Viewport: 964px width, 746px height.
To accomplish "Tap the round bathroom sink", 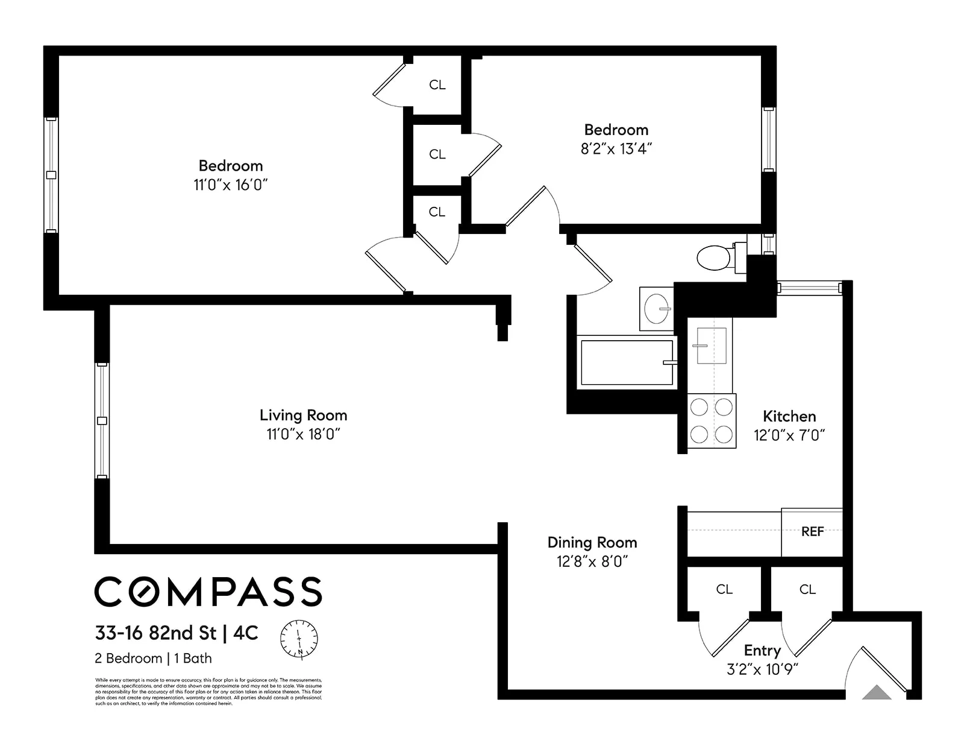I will [657, 309].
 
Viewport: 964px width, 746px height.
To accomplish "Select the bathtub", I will [627, 362].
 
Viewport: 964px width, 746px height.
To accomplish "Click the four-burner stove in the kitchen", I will [712, 421].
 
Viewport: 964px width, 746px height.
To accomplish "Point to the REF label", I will [812, 532].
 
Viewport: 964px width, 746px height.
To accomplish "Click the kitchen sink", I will [711, 346].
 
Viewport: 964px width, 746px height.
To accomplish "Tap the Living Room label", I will [303, 416].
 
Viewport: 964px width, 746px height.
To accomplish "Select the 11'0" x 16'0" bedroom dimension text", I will [230, 185].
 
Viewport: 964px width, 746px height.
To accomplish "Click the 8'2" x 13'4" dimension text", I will [616, 149].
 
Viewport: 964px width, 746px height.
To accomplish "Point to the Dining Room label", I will [592, 543].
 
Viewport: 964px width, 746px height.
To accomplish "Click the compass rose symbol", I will [299, 638].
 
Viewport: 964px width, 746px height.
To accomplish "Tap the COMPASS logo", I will [208, 591].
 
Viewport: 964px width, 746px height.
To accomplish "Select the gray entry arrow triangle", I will [877, 693].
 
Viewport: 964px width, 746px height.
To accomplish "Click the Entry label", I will [762, 651].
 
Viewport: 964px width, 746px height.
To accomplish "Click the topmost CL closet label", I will [437, 85].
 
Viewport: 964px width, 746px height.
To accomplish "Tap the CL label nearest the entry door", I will [807, 589].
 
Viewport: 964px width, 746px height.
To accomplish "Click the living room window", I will [102, 420].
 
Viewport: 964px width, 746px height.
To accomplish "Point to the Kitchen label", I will [789, 417].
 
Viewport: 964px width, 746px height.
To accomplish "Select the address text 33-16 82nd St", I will [155, 633].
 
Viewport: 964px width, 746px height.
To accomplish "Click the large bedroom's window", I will [51, 175].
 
